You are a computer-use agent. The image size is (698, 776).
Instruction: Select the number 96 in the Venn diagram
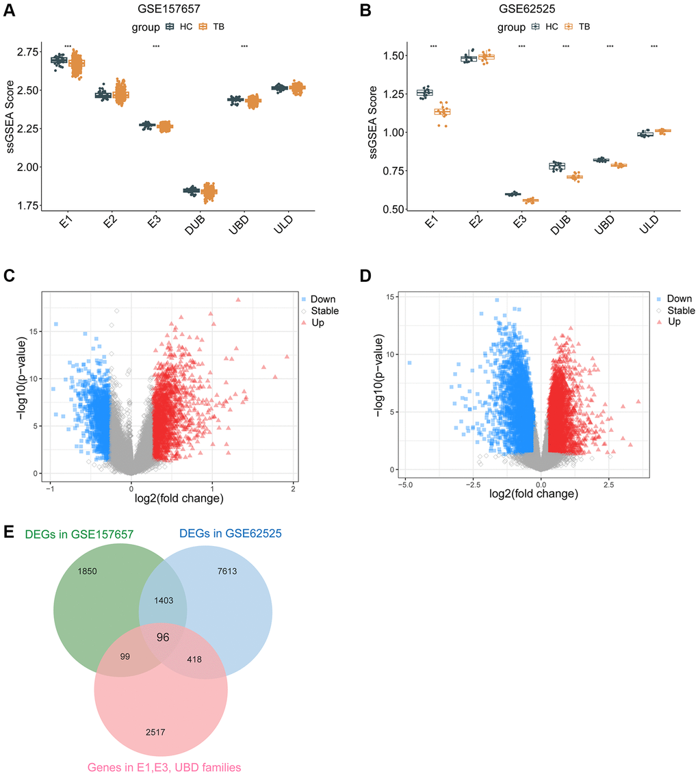tap(162, 638)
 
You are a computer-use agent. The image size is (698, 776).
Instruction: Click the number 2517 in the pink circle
tap(155, 732)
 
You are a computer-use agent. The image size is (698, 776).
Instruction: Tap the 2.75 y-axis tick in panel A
tap(29, 52)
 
